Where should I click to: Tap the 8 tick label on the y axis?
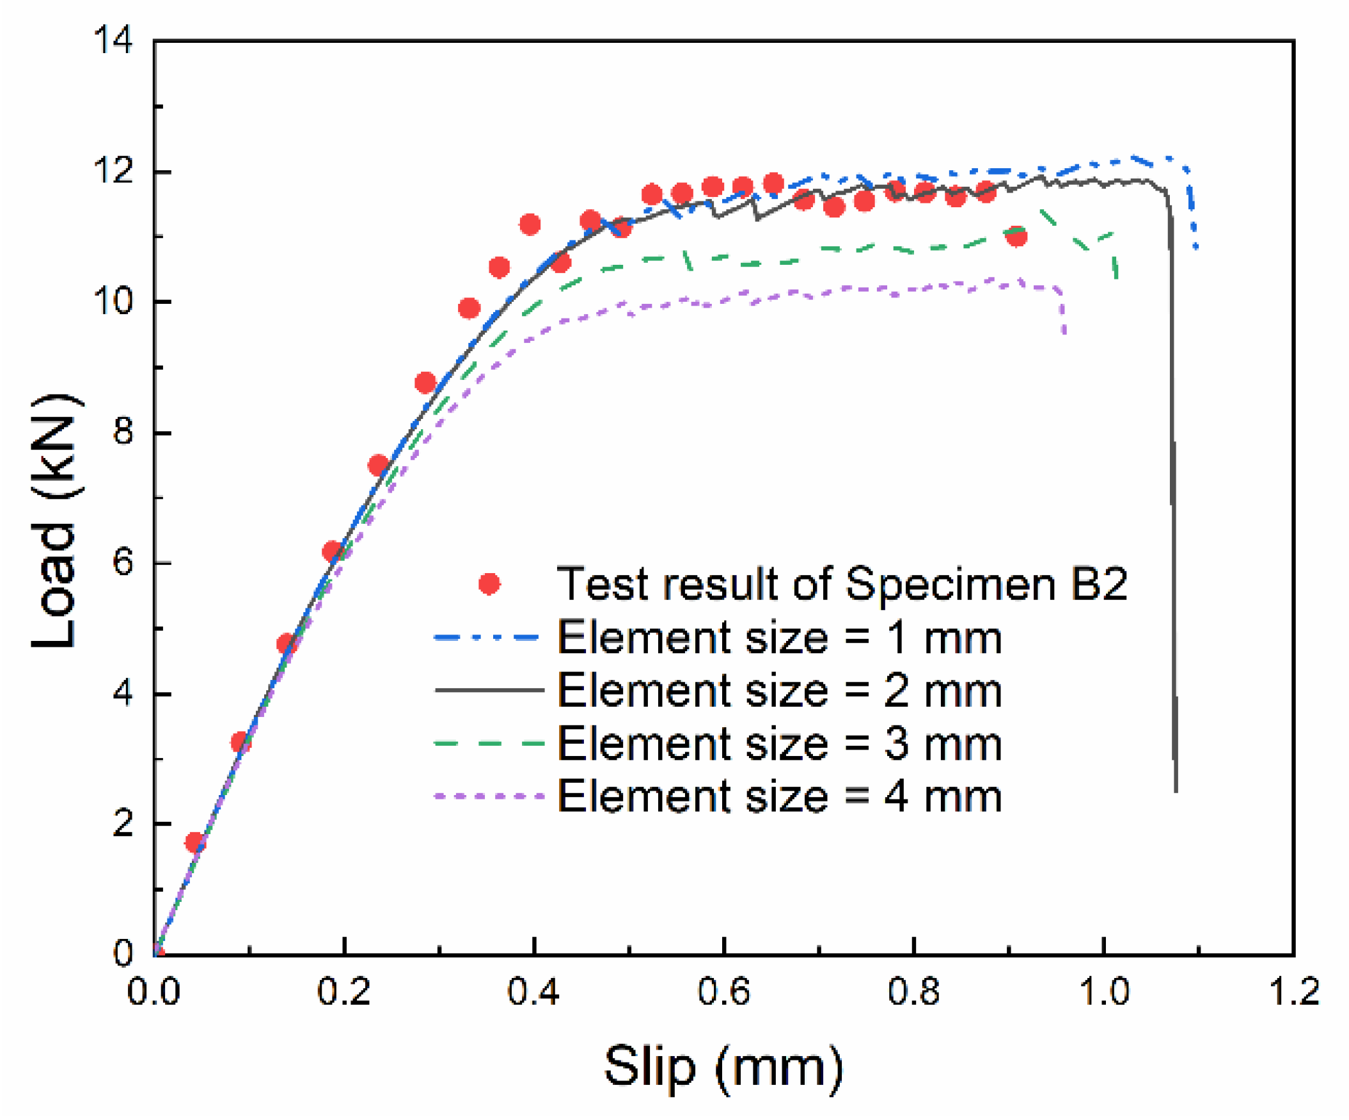tap(123, 432)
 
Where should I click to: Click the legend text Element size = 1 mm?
tap(778, 638)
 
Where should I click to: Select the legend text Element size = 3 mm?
tap(778, 745)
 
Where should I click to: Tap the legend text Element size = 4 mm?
tap(778, 797)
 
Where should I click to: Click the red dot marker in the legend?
tap(489, 584)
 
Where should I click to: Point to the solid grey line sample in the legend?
tap(489, 691)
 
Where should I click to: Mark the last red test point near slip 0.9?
tap(1016, 236)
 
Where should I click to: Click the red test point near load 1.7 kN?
tap(194, 842)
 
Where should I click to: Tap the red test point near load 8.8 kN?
tap(425, 383)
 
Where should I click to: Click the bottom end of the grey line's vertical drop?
tap(1176, 791)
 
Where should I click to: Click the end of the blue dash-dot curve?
tap(1196, 249)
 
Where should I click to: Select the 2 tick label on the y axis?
tap(123, 823)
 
